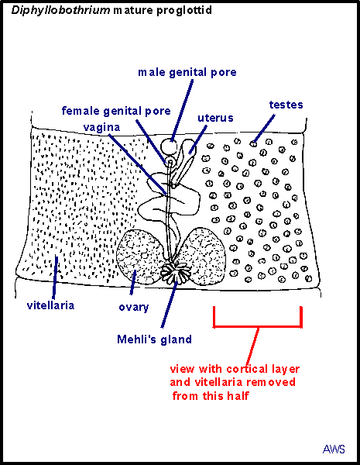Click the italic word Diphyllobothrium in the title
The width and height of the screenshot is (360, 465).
(60, 11)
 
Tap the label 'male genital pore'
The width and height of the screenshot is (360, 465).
(187, 72)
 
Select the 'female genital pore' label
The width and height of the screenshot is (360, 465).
(116, 111)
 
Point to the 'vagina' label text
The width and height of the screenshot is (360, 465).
(101, 128)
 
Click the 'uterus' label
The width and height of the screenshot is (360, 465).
(215, 118)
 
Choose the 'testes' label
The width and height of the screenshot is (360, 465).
(286, 105)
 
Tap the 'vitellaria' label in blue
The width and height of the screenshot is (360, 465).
(50, 305)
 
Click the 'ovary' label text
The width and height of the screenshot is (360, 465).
(134, 308)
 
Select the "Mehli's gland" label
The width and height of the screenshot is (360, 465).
(154, 339)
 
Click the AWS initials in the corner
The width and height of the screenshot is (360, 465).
(334, 449)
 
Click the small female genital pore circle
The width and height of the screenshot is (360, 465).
(170, 162)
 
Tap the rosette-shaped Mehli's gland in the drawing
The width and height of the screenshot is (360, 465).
(176, 272)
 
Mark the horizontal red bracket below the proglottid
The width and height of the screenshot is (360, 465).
(258, 326)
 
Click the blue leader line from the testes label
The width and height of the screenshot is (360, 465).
(264, 128)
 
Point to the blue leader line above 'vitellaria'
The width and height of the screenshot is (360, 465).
(55, 277)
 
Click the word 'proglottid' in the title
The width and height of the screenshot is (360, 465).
(184, 11)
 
